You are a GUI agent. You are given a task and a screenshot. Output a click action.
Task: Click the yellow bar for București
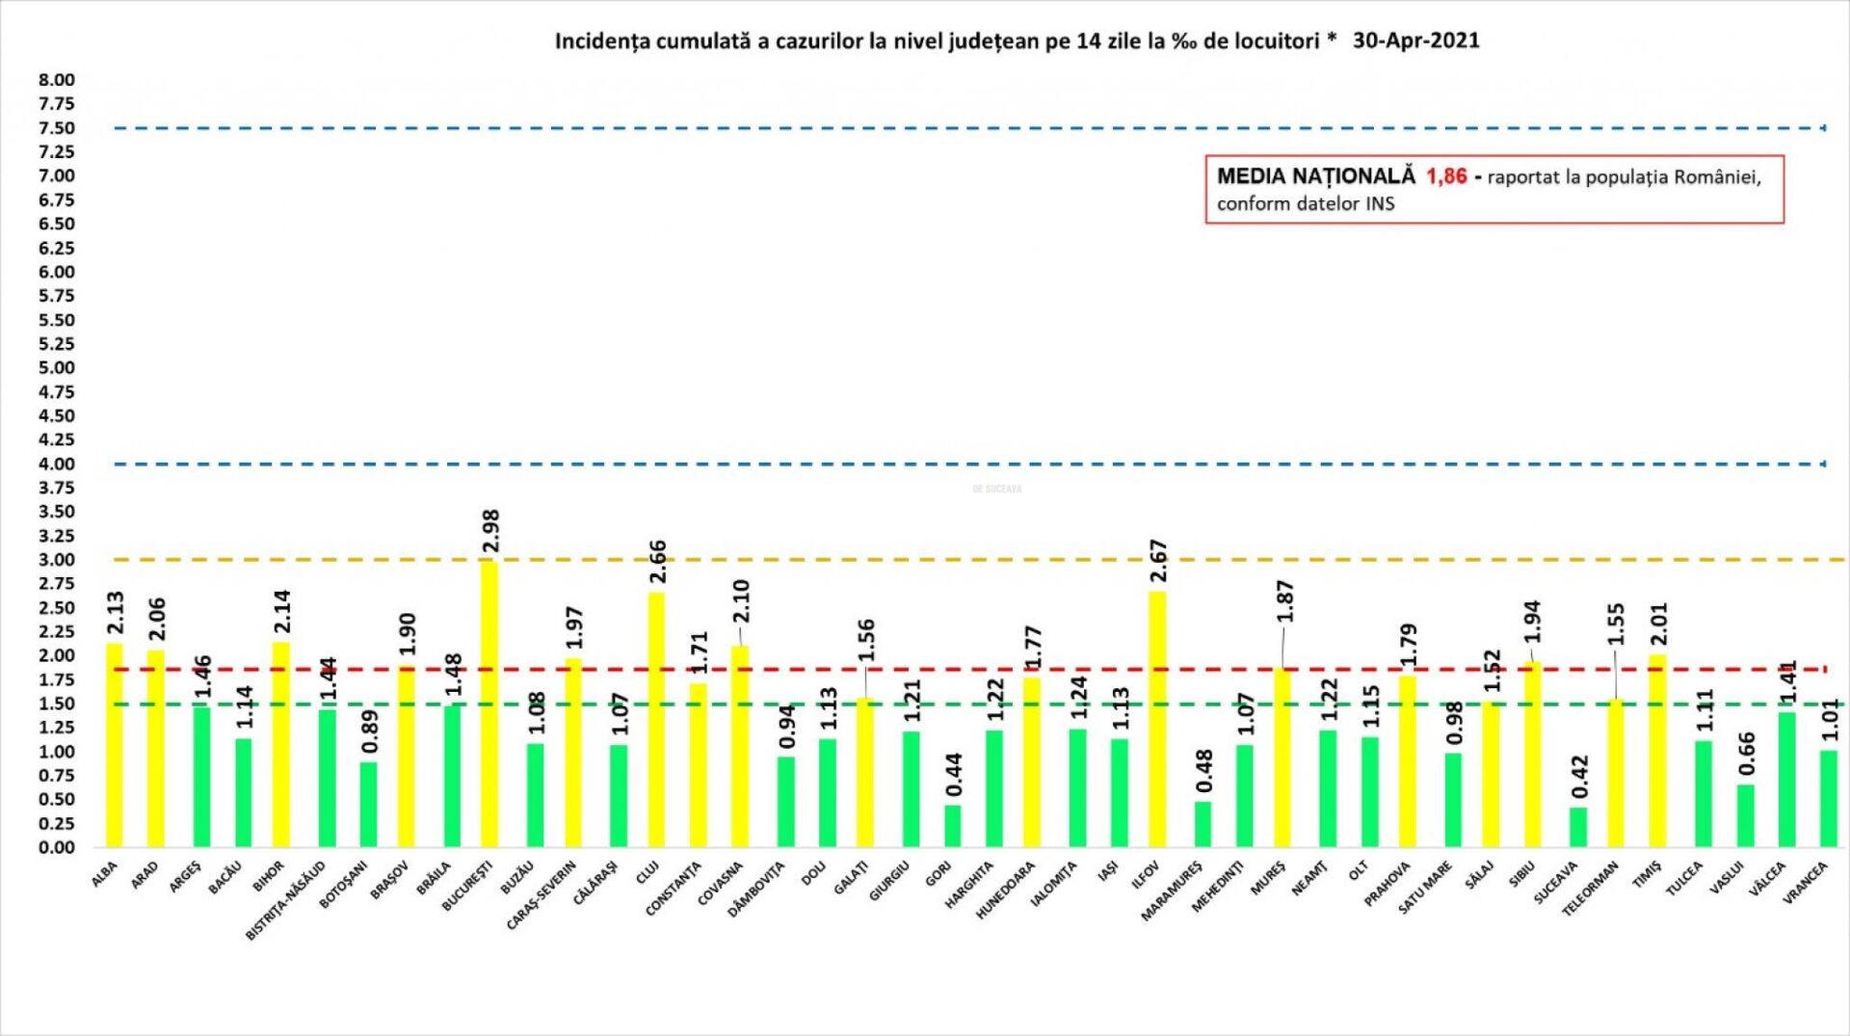pos(489,704)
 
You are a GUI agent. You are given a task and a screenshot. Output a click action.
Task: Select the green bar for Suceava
pos(1577,827)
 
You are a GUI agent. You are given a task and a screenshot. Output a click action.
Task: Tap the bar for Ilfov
pos(1157,719)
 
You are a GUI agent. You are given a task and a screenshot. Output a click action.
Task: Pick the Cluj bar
pos(655,719)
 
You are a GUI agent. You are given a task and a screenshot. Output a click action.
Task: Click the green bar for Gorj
pos(952,826)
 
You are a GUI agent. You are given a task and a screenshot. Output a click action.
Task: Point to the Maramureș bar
pos(1202,824)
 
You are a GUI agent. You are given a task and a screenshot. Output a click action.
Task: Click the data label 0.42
pos(1579,777)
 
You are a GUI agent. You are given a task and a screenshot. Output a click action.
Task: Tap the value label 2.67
pos(1158,561)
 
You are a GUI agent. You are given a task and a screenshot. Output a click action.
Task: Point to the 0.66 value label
pos(1747,754)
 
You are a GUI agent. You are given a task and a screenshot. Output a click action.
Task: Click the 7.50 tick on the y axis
pos(57,128)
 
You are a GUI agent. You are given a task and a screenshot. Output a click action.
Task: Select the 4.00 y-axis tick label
pos(57,464)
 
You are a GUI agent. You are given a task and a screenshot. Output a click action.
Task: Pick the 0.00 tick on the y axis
pos(57,847)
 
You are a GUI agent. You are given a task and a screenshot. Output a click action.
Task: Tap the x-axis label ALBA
pos(104,874)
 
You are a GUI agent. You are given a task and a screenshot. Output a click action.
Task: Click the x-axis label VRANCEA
pos(1805,883)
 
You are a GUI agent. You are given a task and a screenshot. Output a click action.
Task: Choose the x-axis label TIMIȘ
pos(1647,875)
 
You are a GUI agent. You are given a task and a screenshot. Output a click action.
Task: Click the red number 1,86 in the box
pos(1446,176)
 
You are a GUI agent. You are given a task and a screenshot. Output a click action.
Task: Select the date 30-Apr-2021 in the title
pos(1415,40)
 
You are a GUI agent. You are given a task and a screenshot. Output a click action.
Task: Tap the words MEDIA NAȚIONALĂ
pos(1315,176)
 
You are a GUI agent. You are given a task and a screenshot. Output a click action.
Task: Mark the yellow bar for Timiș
pos(1657,751)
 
